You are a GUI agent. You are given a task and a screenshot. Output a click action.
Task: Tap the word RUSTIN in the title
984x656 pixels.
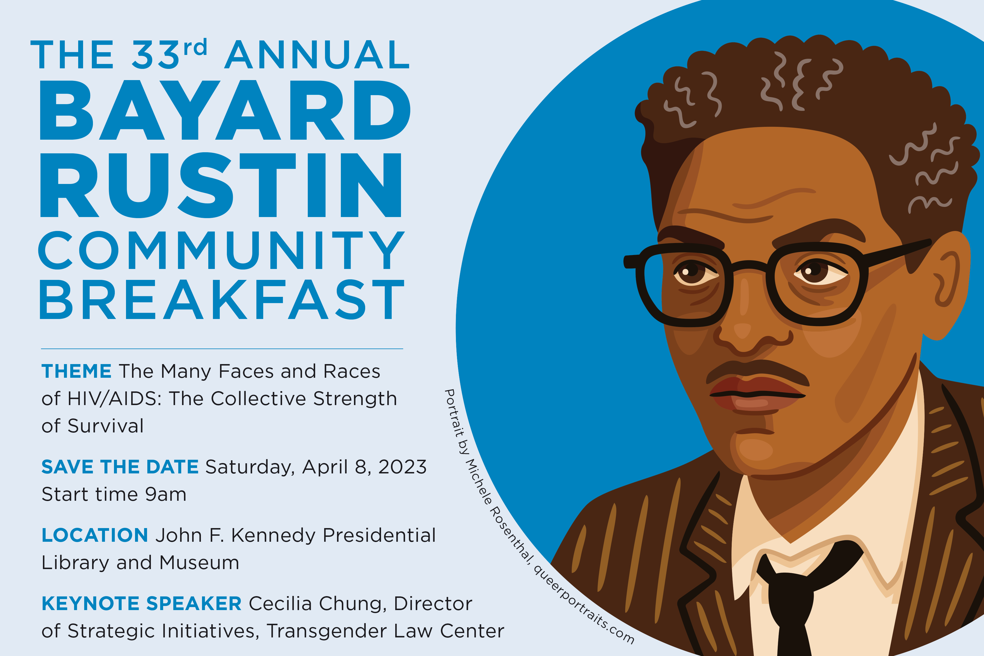[221, 185]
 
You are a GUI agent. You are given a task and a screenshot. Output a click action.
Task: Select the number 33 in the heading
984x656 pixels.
[155, 55]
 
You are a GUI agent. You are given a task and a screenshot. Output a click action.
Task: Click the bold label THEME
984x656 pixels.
[77, 371]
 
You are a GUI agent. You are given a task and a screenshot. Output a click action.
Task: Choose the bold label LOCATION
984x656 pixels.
[95, 535]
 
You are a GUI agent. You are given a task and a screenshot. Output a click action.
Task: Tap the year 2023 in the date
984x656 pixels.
[402, 467]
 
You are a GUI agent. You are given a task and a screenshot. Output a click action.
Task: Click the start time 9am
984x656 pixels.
[166, 494]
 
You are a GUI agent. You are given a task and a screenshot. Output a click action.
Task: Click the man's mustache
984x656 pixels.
[757, 370]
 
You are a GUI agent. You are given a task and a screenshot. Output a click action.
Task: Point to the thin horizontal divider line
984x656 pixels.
[222, 348]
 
